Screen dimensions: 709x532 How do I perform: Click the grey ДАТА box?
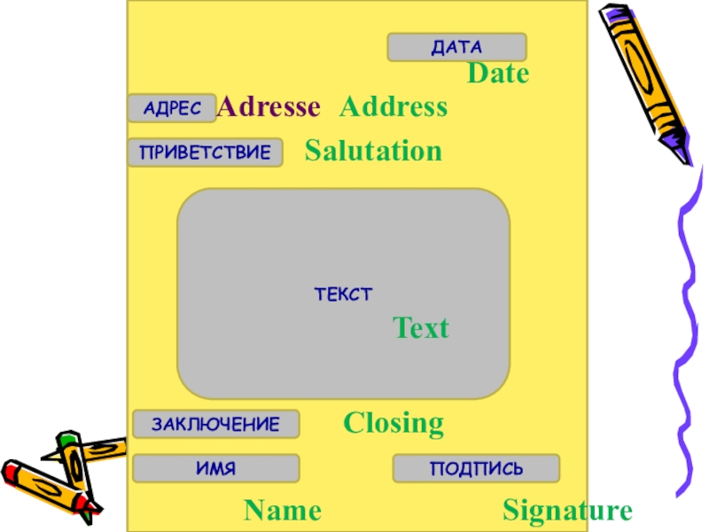click(x=456, y=47)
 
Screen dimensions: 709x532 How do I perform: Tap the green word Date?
click(x=498, y=74)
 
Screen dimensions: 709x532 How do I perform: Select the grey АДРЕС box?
click(x=172, y=108)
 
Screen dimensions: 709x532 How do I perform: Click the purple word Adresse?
click(x=269, y=107)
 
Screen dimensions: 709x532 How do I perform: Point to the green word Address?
click(x=393, y=107)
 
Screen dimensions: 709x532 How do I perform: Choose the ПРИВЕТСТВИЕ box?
click(x=205, y=153)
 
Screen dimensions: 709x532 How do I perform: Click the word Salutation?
click(x=373, y=151)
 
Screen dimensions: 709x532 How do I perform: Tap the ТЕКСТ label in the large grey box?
click(x=343, y=293)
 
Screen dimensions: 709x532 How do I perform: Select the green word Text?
click(x=421, y=329)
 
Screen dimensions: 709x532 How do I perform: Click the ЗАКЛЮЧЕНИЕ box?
click(x=215, y=424)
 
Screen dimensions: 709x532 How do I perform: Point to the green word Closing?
click(x=393, y=423)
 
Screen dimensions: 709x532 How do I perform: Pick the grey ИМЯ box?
click(x=215, y=468)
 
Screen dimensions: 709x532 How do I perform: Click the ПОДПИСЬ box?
click(x=476, y=468)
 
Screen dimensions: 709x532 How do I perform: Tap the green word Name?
click(x=283, y=511)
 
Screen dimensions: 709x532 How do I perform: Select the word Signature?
click(x=567, y=511)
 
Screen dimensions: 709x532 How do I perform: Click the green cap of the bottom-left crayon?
click(x=66, y=440)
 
